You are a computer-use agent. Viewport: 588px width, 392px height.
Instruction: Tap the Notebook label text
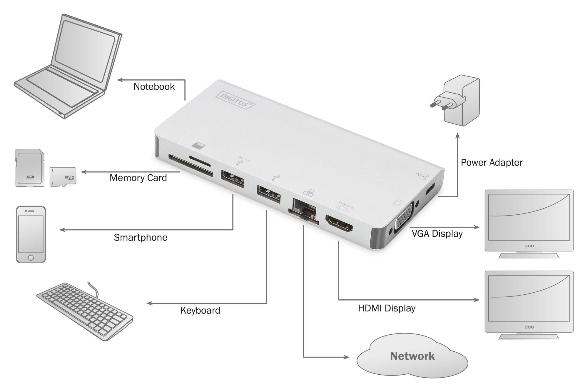pyautogui.click(x=154, y=87)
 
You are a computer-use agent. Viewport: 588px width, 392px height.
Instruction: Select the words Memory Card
pyautogui.click(x=138, y=178)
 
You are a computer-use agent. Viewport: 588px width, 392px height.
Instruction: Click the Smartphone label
pyautogui.click(x=141, y=238)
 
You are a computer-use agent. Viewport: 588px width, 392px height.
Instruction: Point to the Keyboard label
pyautogui.click(x=200, y=311)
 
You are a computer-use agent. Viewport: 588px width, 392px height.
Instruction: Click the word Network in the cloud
pyautogui.click(x=412, y=356)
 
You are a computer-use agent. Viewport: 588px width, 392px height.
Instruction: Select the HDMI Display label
pyautogui.click(x=387, y=308)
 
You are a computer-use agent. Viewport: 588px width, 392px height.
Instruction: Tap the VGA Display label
pyautogui.click(x=437, y=234)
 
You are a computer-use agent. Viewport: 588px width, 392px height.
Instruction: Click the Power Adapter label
pyautogui.click(x=492, y=163)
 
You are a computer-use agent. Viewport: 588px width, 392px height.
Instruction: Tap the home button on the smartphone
pyautogui.click(x=31, y=258)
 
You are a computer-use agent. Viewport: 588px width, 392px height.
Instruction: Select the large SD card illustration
pyautogui.click(x=30, y=168)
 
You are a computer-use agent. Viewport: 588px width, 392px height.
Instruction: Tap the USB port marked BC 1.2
pyautogui.click(x=233, y=179)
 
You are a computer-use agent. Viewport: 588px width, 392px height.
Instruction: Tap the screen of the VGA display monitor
pyautogui.click(x=529, y=221)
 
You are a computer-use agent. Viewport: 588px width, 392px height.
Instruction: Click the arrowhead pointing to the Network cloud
pyautogui.click(x=347, y=357)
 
